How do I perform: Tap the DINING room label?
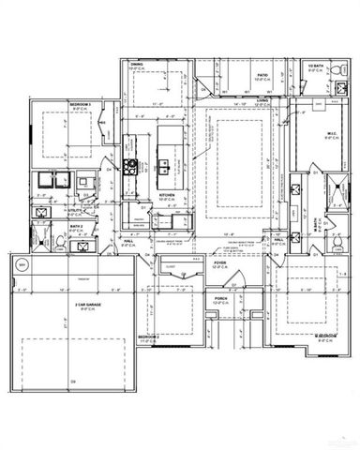[136, 65]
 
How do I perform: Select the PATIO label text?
[262, 74]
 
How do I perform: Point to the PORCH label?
[220, 301]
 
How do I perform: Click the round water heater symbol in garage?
[23, 267]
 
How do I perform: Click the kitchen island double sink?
[164, 168]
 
